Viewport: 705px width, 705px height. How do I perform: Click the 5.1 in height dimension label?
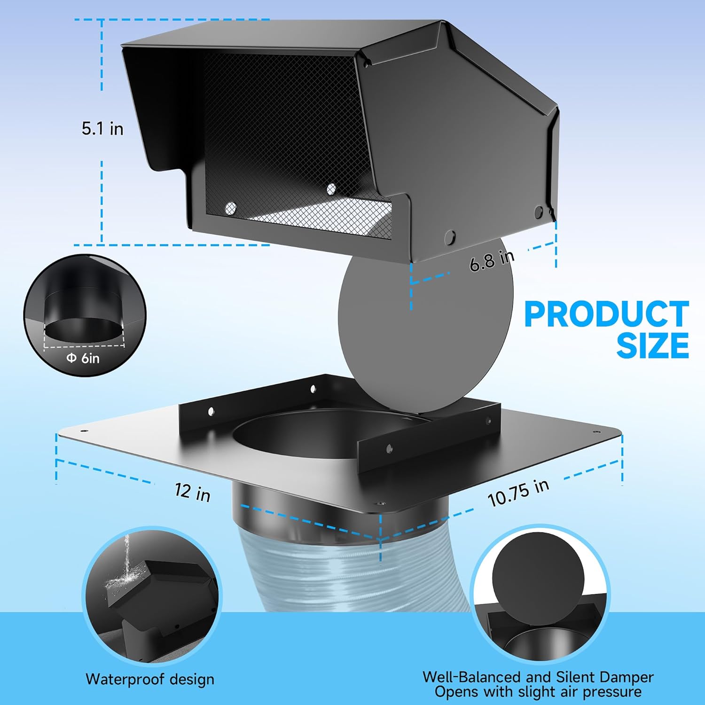pos(102,128)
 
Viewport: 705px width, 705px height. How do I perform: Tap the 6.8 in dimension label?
pos(492,259)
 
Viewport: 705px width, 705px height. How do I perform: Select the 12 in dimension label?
pos(192,492)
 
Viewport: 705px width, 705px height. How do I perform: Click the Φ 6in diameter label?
pos(83,358)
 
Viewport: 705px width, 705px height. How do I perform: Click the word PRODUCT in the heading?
pos(606,315)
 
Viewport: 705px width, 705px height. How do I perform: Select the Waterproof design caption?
pos(149,679)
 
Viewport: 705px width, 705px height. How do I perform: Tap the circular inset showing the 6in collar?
pos(85,315)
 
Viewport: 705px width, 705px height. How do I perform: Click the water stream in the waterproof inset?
pos(125,557)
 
